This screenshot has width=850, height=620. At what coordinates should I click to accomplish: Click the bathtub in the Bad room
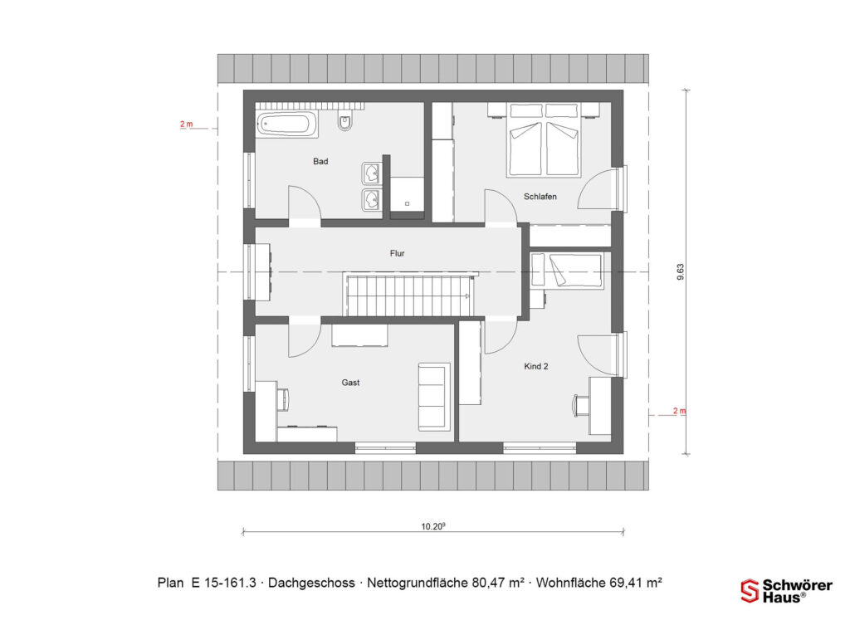(x=286, y=124)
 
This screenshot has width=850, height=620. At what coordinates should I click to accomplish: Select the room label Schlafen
(x=540, y=196)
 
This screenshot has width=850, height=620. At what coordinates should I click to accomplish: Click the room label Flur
(x=398, y=253)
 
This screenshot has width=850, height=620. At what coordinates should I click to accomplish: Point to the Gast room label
(x=351, y=383)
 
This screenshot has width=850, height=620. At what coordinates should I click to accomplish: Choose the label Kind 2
(x=536, y=366)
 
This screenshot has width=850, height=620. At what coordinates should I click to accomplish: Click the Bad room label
(x=320, y=161)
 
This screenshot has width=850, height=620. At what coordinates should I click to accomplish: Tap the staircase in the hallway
(x=409, y=295)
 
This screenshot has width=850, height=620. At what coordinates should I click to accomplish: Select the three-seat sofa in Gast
(x=434, y=397)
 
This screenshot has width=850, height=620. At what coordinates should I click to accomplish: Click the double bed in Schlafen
(x=545, y=140)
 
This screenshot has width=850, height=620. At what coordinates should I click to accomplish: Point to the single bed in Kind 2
(x=567, y=271)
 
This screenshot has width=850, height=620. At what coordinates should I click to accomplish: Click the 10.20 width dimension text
(x=433, y=525)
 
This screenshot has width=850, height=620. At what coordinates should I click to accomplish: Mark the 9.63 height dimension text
(x=681, y=272)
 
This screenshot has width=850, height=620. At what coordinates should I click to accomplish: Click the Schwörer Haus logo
(x=786, y=591)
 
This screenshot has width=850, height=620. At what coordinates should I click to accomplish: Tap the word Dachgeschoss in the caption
(x=312, y=583)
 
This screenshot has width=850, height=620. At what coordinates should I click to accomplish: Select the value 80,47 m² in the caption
(x=498, y=583)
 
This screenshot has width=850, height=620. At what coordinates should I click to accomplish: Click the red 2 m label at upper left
(x=187, y=124)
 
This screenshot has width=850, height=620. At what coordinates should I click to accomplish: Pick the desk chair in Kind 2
(x=580, y=405)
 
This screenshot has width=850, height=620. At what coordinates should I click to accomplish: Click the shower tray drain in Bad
(x=407, y=204)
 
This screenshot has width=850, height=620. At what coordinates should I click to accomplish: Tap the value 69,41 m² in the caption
(x=636, y=583)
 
